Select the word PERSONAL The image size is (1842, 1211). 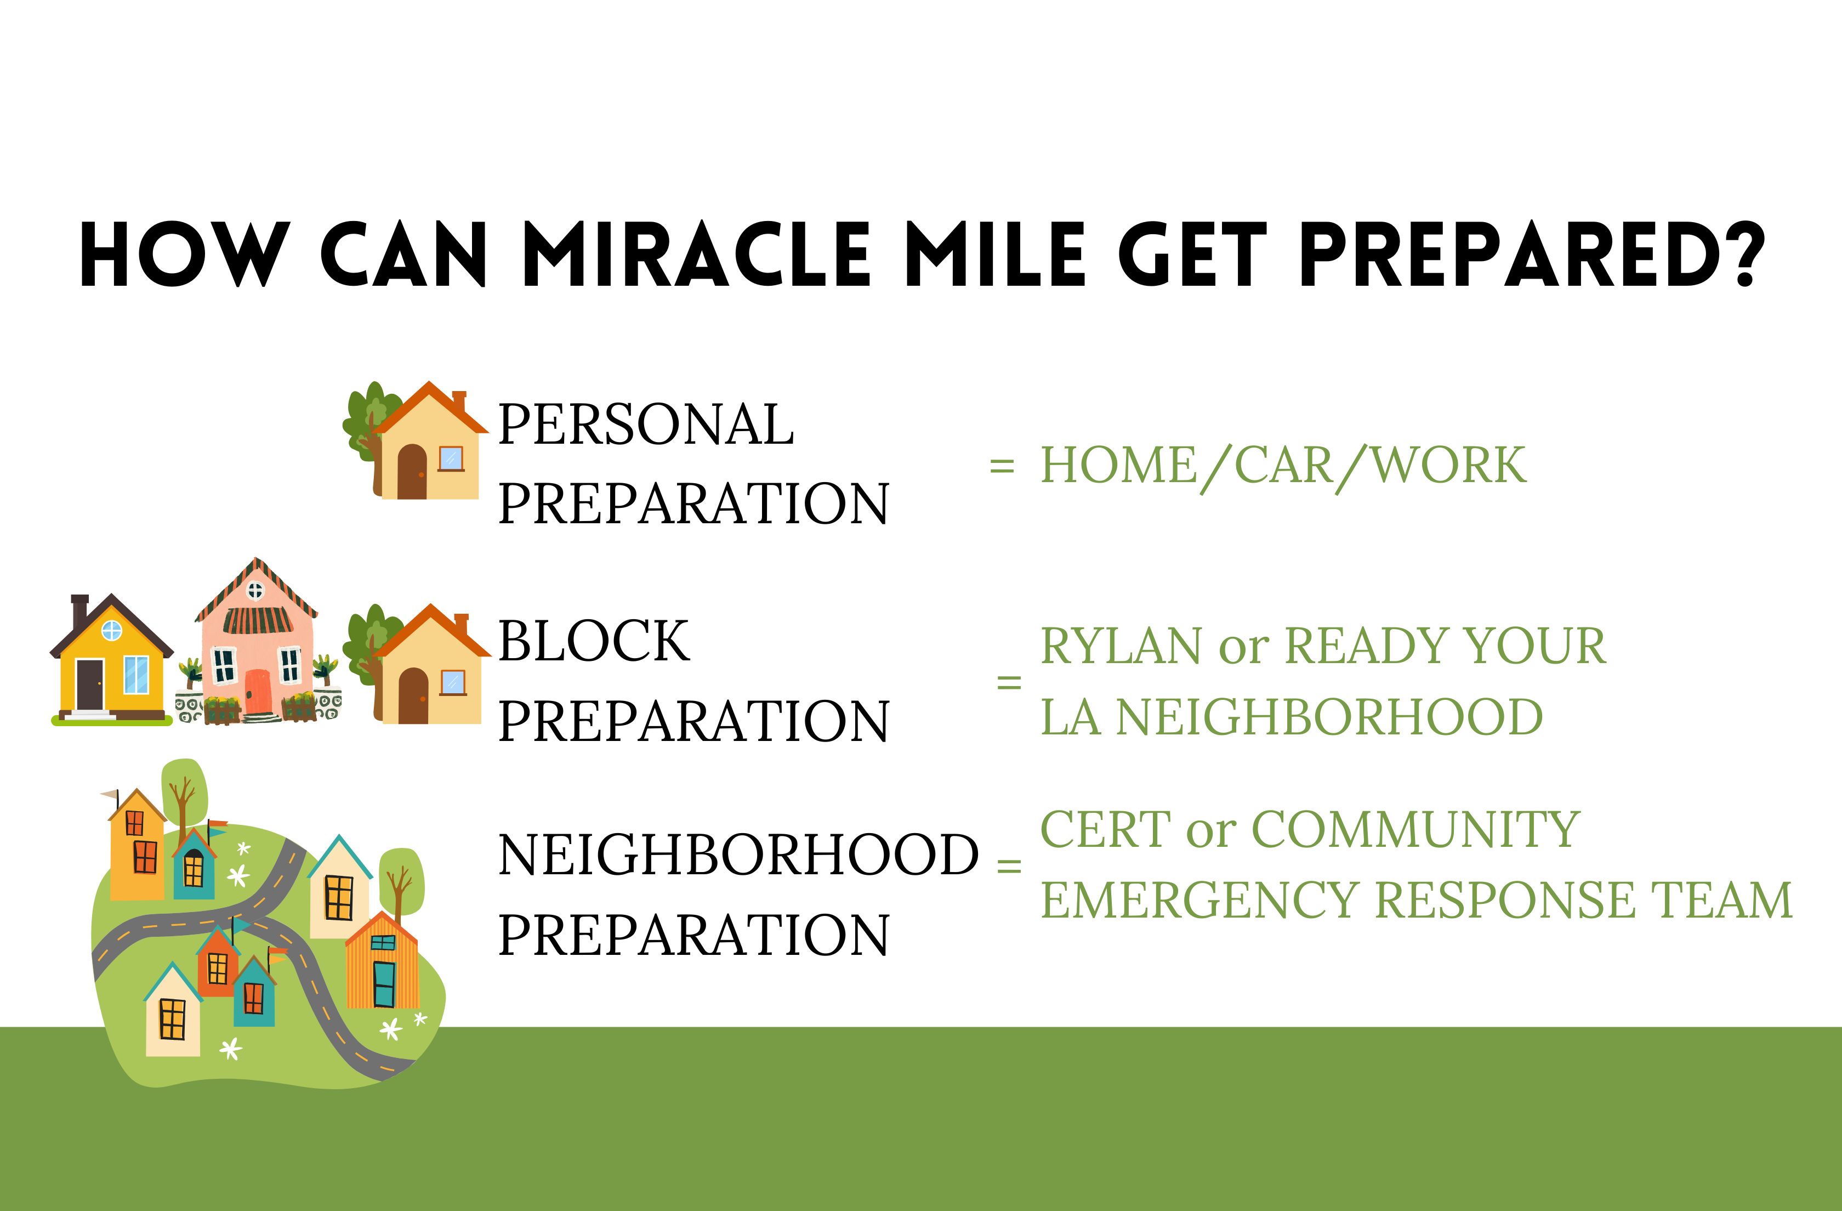click(x=645, y=425)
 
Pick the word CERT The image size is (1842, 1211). click(x=1105, y=829)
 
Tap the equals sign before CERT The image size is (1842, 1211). click(x=1009, y=865)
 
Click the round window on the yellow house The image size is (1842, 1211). click(x=112, y=630)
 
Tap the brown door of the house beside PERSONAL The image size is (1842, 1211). click(x=412, y=472)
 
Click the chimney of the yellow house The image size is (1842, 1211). click(x=79, y=613)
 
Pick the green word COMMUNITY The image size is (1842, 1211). click(x=1415, y=829)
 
